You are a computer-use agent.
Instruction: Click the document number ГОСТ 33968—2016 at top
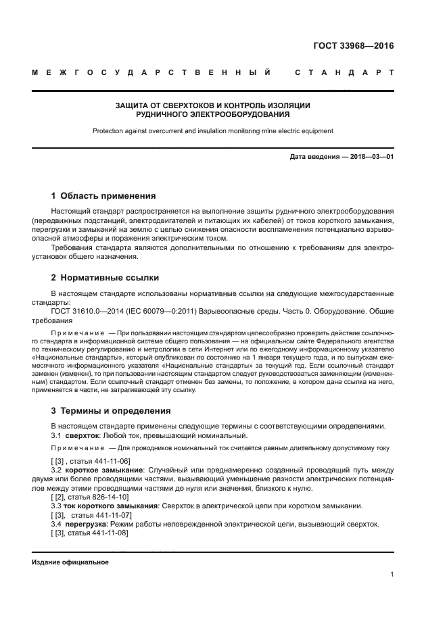(354, 47)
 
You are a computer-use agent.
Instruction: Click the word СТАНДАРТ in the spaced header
(344, 72)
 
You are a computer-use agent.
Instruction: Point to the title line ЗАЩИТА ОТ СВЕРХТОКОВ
(212, 105)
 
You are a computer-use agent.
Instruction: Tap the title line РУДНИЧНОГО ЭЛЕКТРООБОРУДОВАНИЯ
(212, 115)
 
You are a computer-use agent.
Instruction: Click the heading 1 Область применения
(103, 196)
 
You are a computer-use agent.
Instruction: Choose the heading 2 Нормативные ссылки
(105, 278)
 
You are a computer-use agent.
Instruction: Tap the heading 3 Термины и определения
(111, 411)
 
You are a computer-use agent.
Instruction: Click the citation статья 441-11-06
(101, 460)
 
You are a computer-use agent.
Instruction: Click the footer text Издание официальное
(70, 562)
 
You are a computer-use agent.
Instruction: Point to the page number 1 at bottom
(392, 575)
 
